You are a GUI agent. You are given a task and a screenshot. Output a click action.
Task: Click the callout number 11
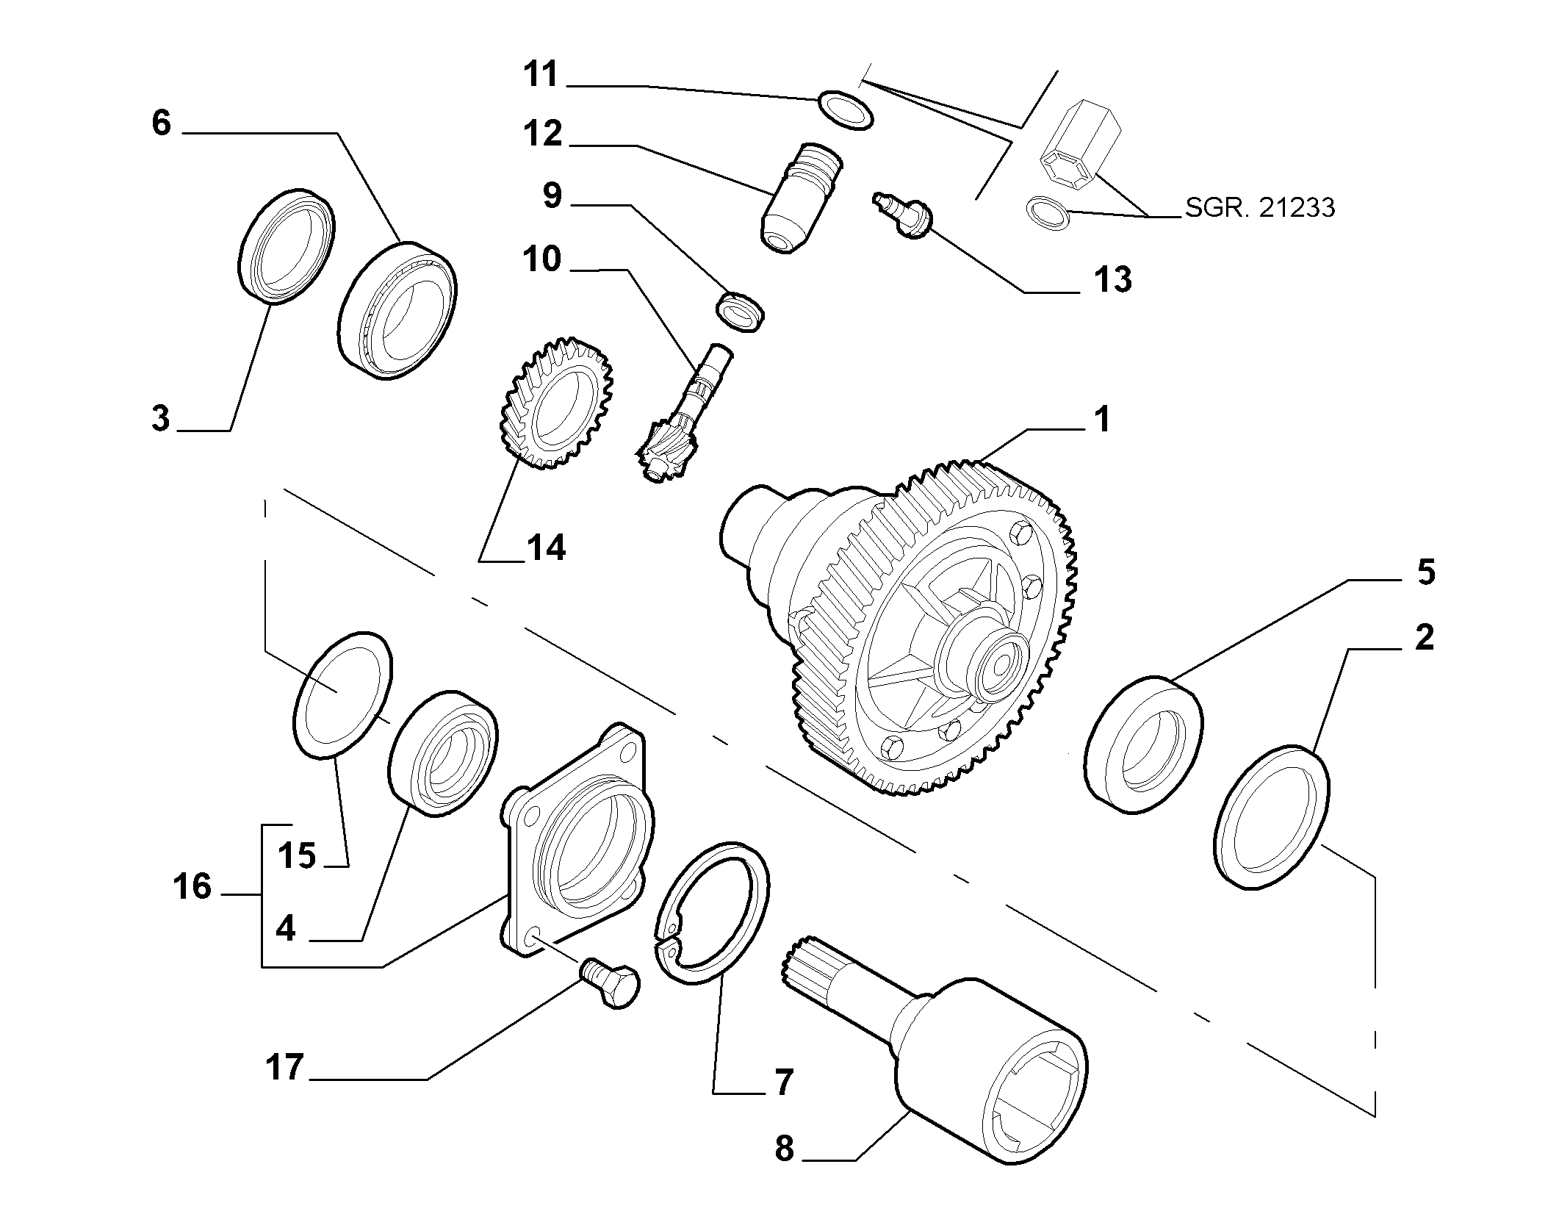[x=541, y=75]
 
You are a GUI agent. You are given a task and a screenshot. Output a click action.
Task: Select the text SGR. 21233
[x=1260, y=208]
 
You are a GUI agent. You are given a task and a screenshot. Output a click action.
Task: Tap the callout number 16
[x=192, y=887]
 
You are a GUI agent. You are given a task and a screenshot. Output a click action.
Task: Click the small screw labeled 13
[x=903, y=214]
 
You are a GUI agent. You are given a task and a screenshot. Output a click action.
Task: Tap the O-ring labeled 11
[x=845, y=110]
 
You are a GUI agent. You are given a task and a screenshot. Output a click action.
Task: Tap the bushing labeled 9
[x=740, y=312]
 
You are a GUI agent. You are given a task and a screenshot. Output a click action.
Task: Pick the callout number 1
[x=1101, y=420]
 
